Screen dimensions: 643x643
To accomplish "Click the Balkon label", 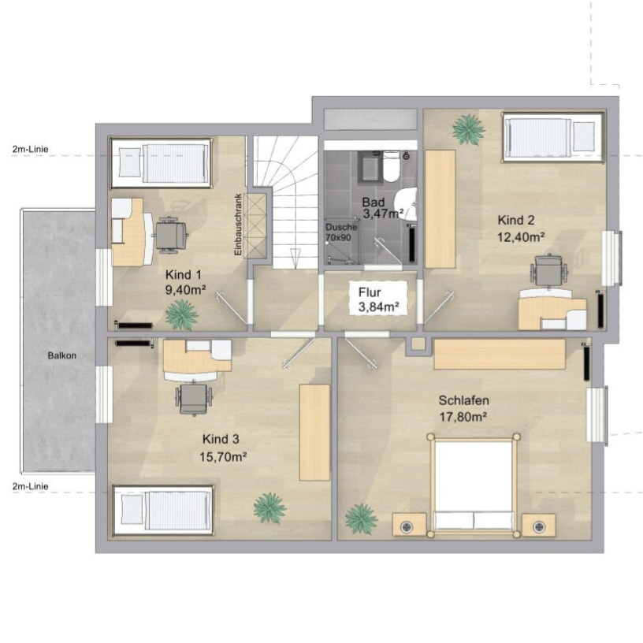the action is coord(62,355).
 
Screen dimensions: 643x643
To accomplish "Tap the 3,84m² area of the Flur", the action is coord(378,307).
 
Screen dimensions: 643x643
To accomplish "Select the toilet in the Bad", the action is coord(391,167).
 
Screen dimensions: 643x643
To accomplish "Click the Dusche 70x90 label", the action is coord(340,232).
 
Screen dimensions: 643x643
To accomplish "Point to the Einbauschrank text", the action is coord(238,225).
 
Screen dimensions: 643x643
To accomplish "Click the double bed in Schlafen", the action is coord(474,485).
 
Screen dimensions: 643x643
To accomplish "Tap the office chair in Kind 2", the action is coord(549,269).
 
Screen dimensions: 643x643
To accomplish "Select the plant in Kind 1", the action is coord(182,315).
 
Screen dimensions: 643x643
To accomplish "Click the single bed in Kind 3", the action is coord(163,511).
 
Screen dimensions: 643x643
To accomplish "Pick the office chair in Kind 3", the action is coord(194,398).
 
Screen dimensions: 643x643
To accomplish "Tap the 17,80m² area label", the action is coord(463,417).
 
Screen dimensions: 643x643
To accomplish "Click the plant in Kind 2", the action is coord(468,129).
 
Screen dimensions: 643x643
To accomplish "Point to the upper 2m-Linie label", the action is coord(31,149).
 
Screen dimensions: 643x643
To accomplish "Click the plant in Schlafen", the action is coord(361,518).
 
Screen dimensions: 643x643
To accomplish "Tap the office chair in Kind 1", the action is coord(170,235).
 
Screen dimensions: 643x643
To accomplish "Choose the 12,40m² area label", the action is coord(521,237).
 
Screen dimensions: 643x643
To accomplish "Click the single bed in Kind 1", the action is coord(162,163).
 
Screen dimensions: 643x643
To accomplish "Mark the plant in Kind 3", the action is coord(269,508).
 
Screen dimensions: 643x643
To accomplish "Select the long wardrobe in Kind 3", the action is coord(314,433).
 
